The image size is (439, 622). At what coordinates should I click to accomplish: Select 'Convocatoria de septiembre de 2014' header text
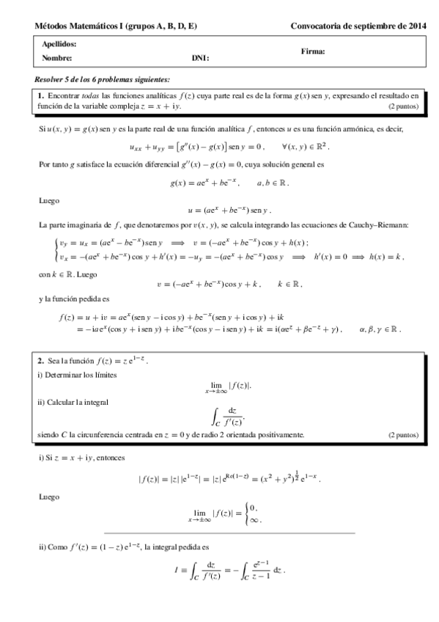(358, 26)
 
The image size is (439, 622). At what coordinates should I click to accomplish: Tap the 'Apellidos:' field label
(59, 44)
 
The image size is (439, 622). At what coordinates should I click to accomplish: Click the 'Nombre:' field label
(56, 56)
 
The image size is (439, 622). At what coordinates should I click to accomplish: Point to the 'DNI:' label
(201, 56)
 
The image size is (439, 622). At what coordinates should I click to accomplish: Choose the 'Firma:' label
(313, 51)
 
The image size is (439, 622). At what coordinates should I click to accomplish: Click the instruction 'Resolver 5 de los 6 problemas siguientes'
(103, 78)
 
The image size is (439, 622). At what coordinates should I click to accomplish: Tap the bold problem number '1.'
(41, 95)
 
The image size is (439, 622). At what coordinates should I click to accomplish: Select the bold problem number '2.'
(41, 361)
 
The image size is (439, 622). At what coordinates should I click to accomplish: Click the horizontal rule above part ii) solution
(229, 532)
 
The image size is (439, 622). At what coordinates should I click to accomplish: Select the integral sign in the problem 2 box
(217, 416)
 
